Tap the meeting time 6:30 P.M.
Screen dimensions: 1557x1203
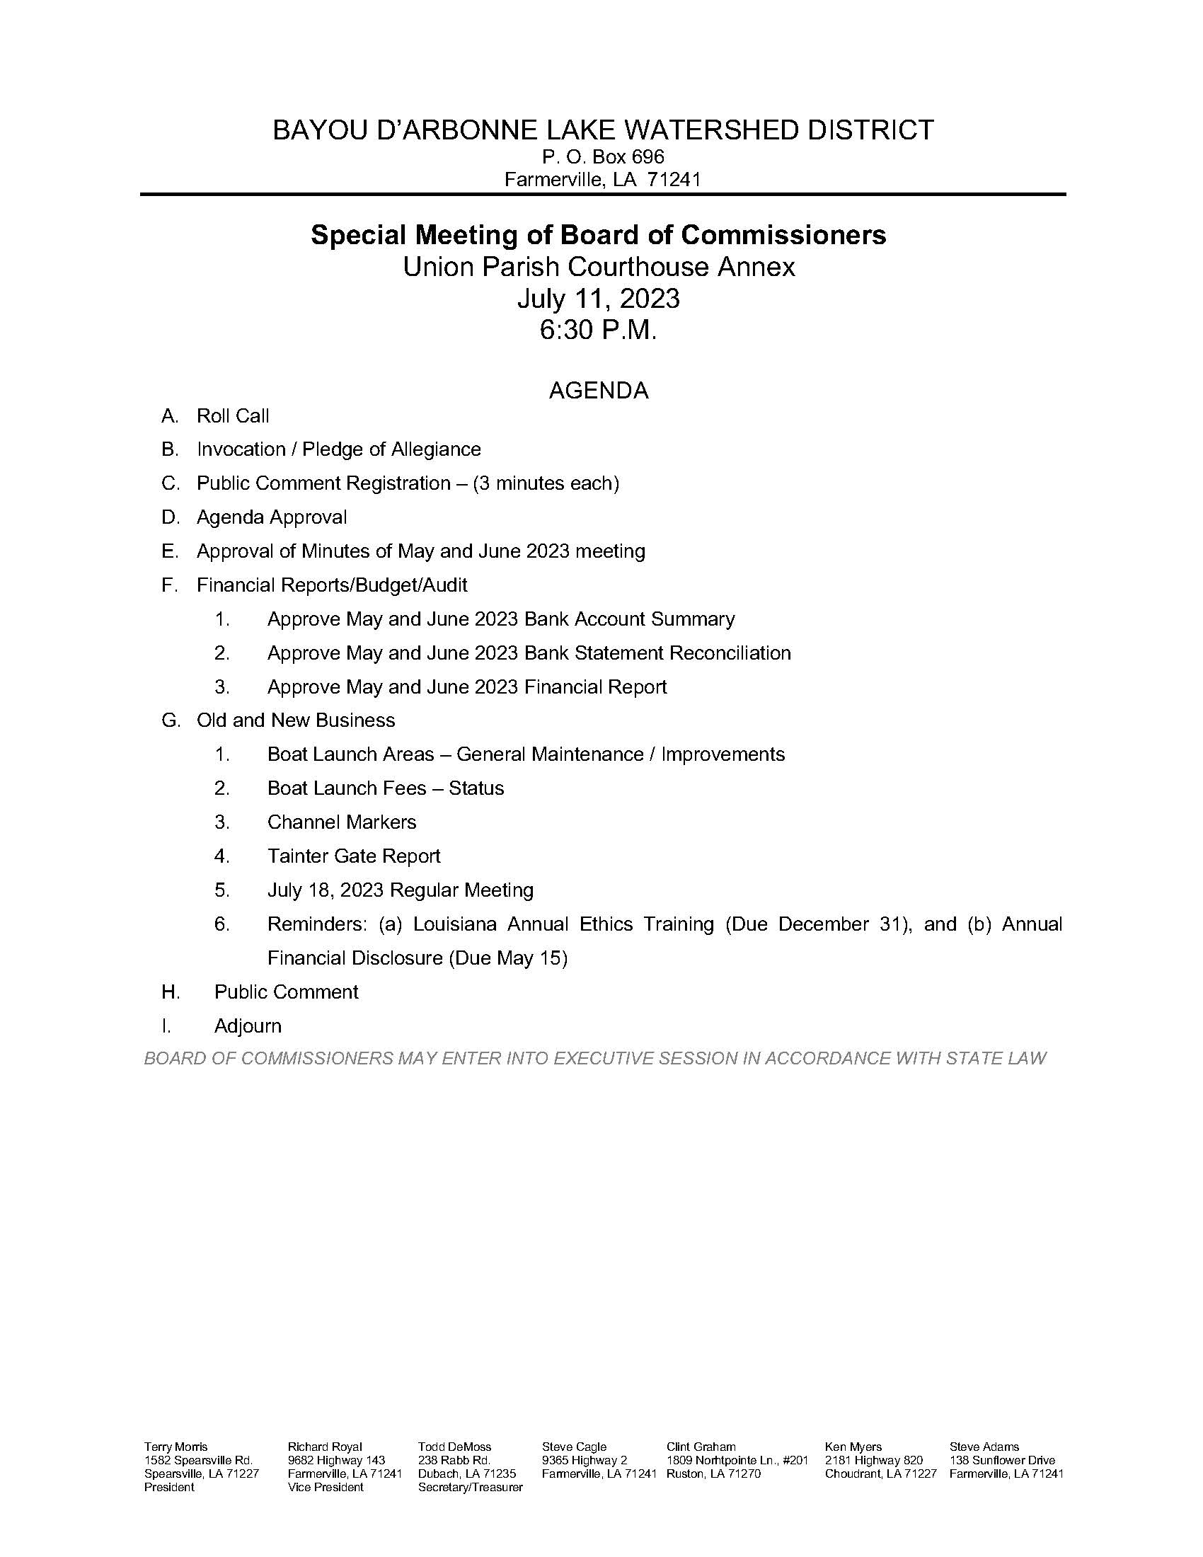[x=598, y=331]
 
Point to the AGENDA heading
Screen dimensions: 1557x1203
[x=599, y=391]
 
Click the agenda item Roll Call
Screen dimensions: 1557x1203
[x=233, y=416]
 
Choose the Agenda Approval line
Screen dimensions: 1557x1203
[x=272, y=517]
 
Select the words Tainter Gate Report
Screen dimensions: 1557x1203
[x=354, y=856]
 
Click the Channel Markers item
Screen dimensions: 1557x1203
[x=341, y=822]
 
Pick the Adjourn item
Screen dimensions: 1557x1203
[x=248, y=1027]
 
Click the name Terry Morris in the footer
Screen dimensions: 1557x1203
[x=176, y=1447]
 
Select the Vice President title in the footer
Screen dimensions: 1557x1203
[x=325, y=1487]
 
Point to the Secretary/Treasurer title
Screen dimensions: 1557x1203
[x=471, y=1487]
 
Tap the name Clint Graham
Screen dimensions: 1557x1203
[x=701, y=1447]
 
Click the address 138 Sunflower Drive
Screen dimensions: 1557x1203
[x=1002, y=1460]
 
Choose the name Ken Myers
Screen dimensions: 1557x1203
[x=853, y=1447]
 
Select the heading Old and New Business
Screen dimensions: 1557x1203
[x=296, y=720]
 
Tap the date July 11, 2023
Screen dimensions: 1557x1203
[x=599, y=299]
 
